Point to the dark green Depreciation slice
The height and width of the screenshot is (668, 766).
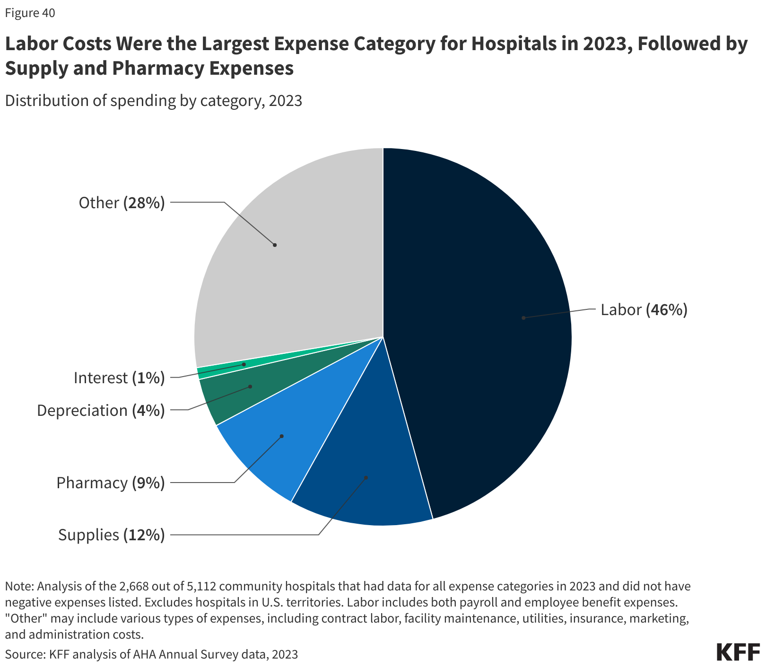click(x=236, y=393)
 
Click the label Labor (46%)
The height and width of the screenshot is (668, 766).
click(x=644, y=310)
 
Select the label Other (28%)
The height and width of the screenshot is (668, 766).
click(x=122, y=202)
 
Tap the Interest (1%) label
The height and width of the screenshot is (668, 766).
click(x=119, y=378)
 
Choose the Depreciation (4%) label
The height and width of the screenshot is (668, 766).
click(x=101, y=410)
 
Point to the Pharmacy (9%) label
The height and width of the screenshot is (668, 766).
click(x=110, y=483)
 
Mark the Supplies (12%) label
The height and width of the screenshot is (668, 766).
click(x=111, y=535)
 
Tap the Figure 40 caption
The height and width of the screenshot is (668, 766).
click(x=30, y=13)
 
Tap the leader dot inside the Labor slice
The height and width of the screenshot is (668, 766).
click(x=523, y=318)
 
